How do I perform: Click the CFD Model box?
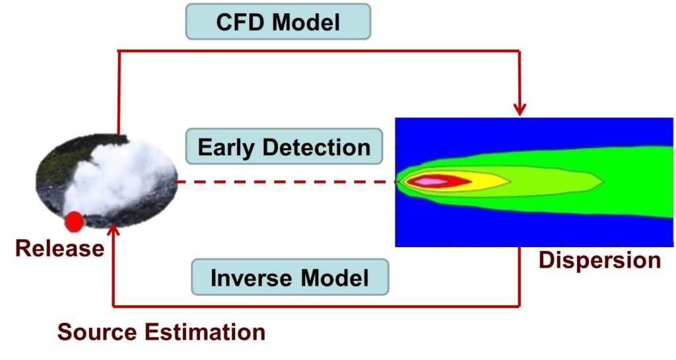pos(278,22)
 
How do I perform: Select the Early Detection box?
pos(284,147)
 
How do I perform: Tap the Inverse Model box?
pos(290,277)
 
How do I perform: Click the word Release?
pos(59,248)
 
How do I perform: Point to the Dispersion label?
pos(599,260)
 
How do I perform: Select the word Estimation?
pos(205,332)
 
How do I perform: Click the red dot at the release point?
pos(74,222)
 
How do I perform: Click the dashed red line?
pos(285,182)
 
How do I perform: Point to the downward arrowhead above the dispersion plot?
pos(520,110)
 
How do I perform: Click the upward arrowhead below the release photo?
pos(113,231)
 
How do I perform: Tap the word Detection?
pos(316,147)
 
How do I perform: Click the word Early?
pos(226,148)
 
